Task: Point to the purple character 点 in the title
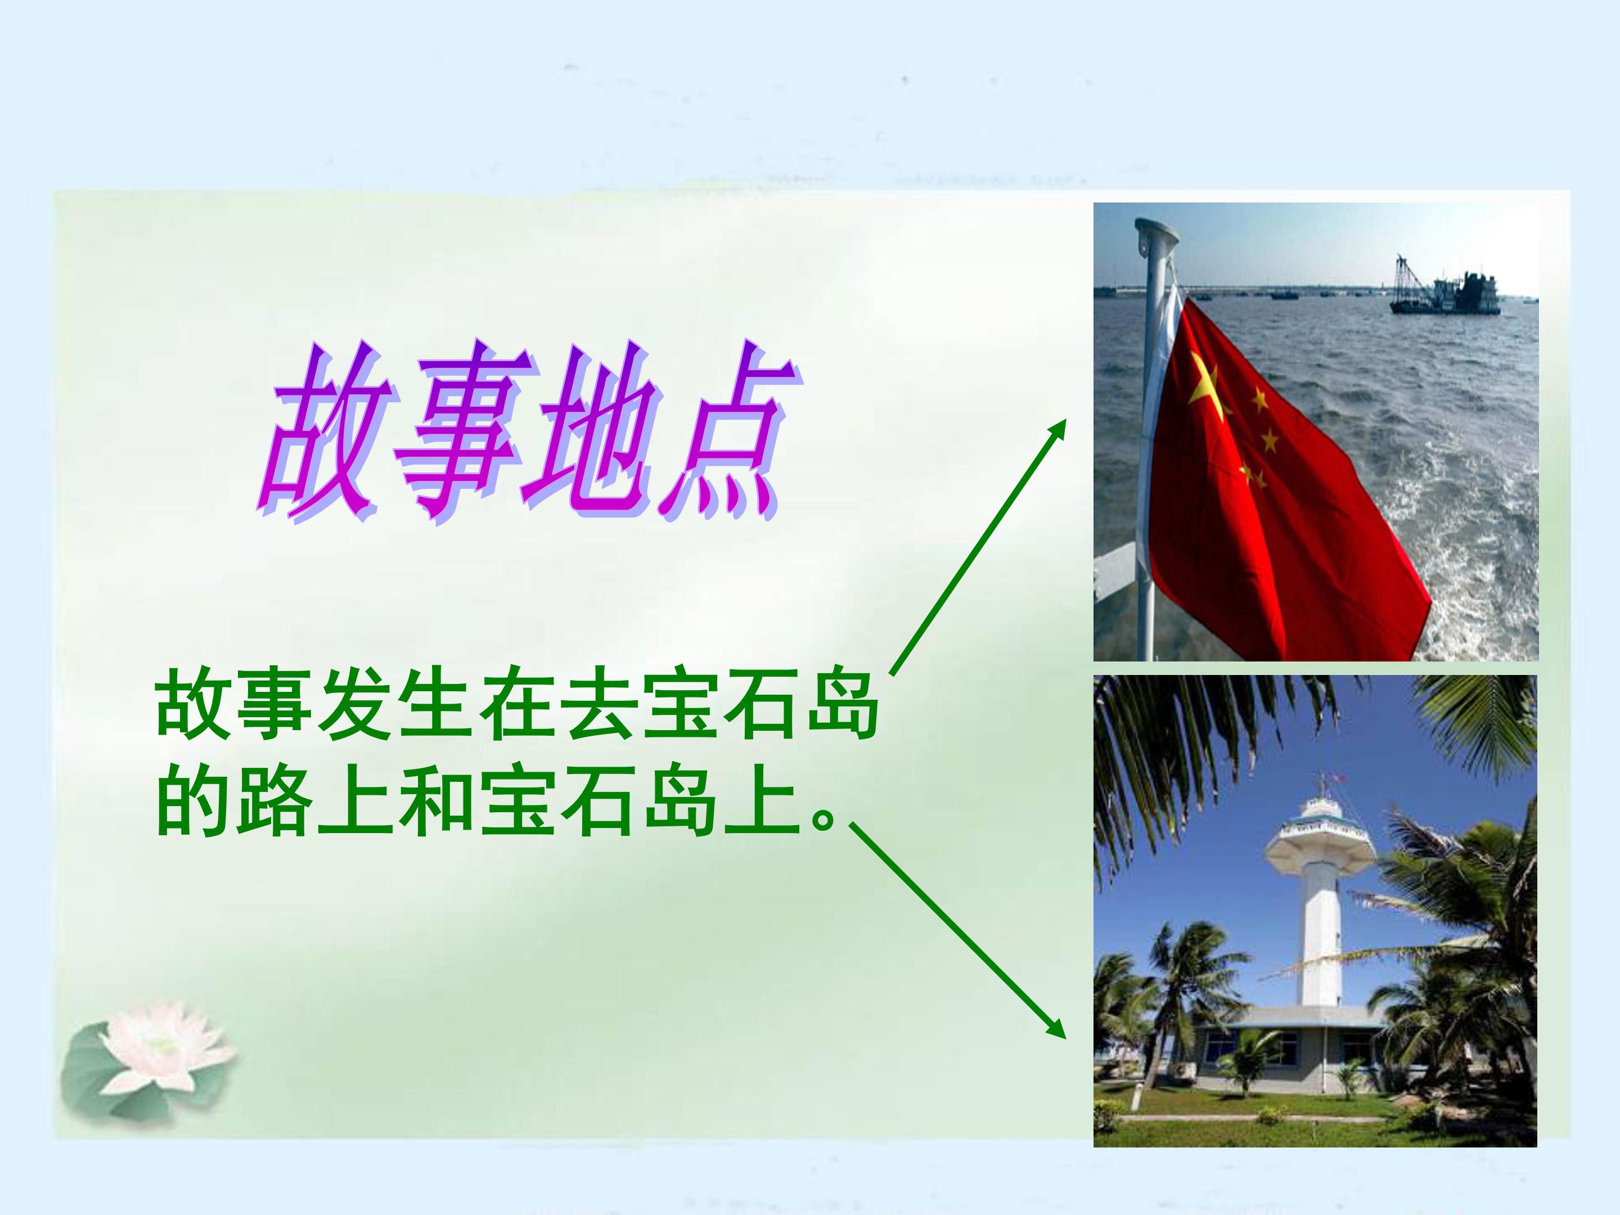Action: pyautogui.click(x=721, y=432)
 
